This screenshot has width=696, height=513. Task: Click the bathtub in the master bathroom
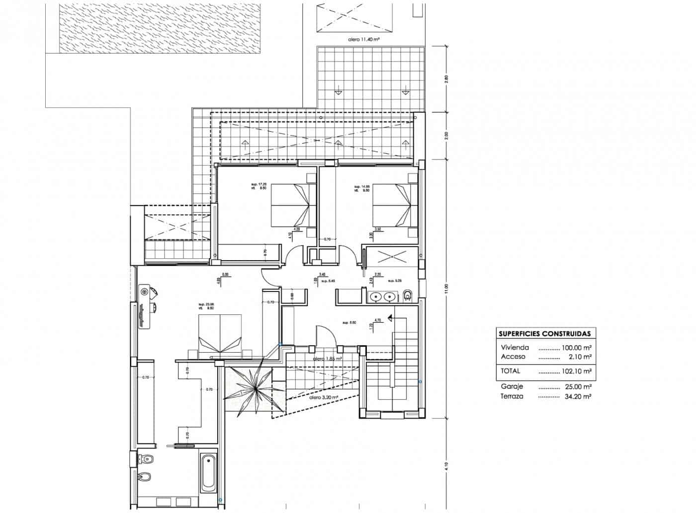208,472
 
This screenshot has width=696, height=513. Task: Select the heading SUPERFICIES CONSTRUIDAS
544,334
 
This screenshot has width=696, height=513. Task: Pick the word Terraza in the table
512,396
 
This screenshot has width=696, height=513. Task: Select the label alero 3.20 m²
324,397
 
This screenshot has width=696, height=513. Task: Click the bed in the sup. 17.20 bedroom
293,205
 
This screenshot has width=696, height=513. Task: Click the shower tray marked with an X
392,257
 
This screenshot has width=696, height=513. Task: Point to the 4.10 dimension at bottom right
446,467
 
